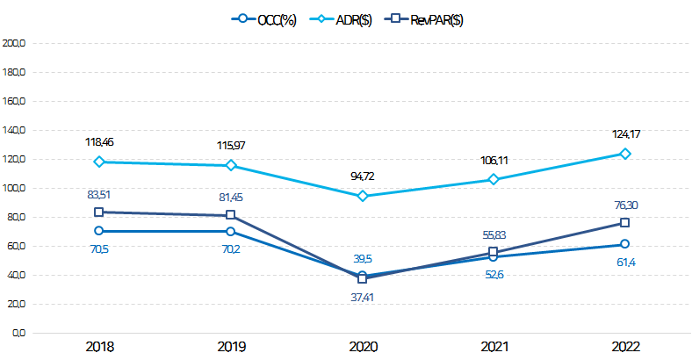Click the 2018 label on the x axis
click(x=99, y=346)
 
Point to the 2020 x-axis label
click(x=362, y=346)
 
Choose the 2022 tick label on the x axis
click(x=624, y=346)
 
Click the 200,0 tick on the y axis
click(x=15, y=43)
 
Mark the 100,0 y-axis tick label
click(x=15, y=188)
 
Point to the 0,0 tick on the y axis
click(x=18, y=334)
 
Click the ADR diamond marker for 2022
click(x=624, y=154)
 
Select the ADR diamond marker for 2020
click(x=362, y=196)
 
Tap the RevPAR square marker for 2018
click(x=99, y=212)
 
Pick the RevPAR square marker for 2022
click(x=624, y=223)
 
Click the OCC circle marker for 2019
click(x=230, y=232)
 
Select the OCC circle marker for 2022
click(x=624, y=244)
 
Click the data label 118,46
click(x=99, y=141)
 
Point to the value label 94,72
click(x=362, y=176)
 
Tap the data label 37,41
click(x=362, y=298)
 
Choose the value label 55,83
click(x=493, y=235)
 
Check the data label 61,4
click(x=624, y=263)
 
